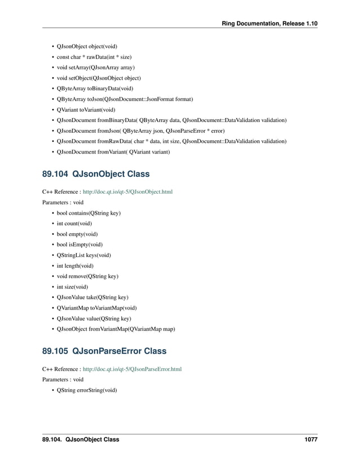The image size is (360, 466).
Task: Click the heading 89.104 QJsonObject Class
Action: click(95, 174)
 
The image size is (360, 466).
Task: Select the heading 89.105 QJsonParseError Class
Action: click(104, 351)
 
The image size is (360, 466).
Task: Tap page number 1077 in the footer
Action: click(309, 439)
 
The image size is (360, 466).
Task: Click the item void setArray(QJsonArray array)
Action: click(95, 67)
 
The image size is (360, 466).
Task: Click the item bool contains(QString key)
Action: click(89, 213)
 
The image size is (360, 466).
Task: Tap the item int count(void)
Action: click(74, 224)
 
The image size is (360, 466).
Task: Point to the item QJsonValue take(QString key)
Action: click(93, 298)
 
